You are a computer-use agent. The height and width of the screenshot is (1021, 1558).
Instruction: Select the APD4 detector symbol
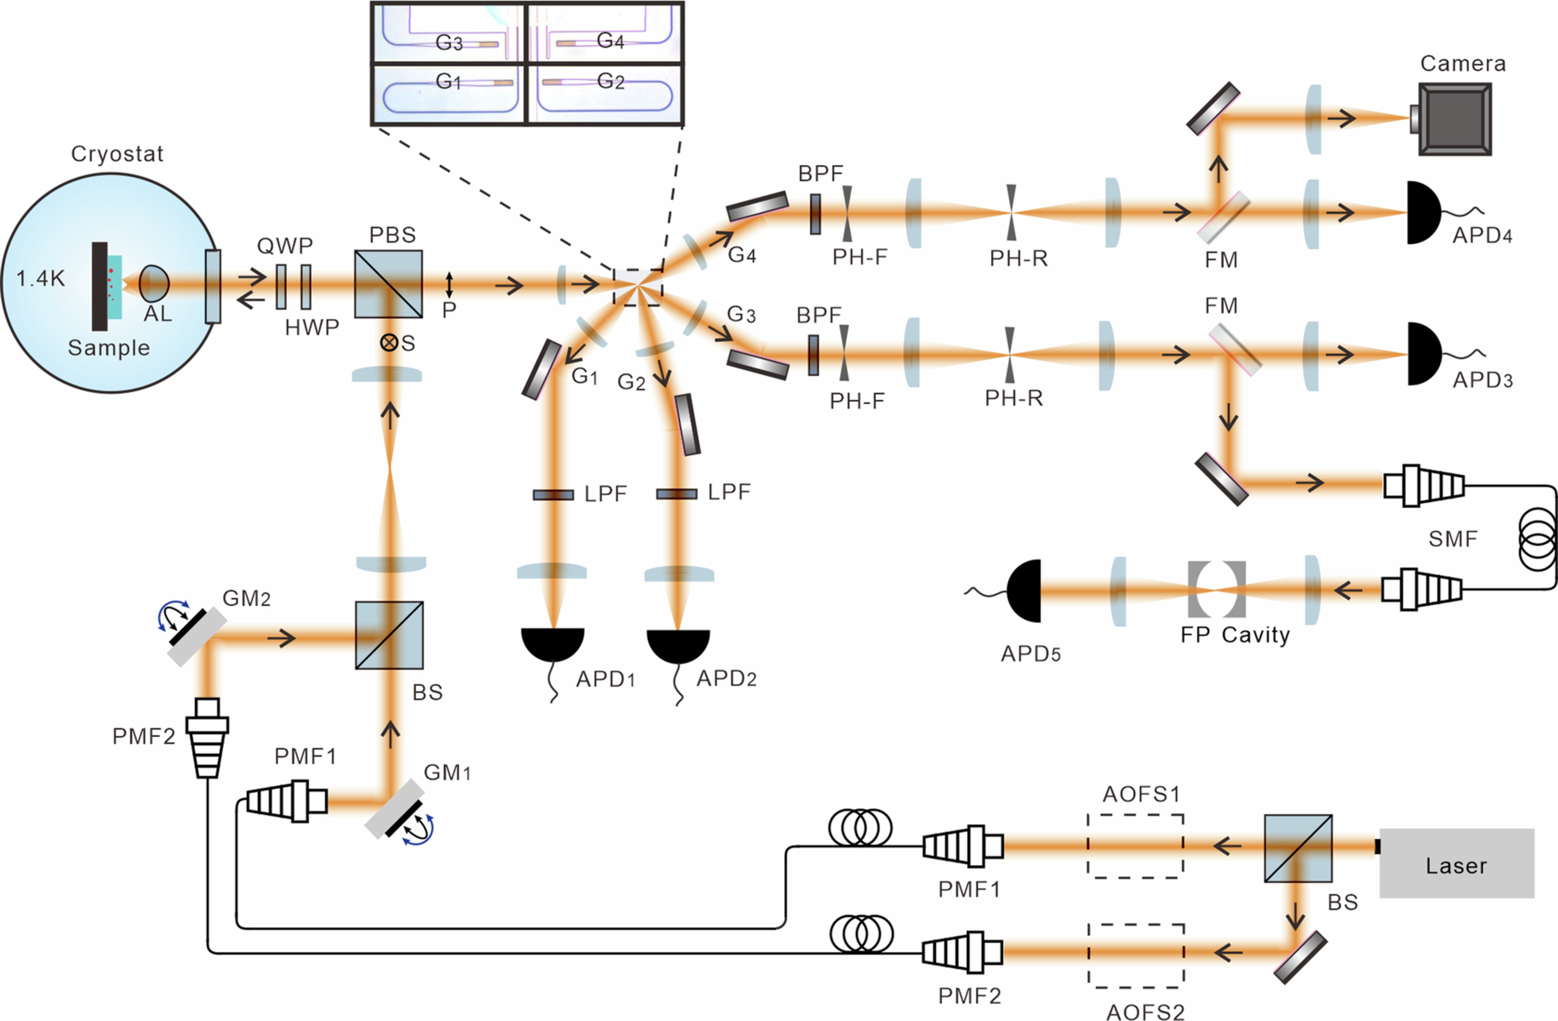tap(1422, 213)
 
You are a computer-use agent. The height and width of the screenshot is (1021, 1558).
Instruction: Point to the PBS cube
tap(388, 283)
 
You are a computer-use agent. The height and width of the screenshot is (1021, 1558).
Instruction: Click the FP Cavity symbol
tap(1216, 589)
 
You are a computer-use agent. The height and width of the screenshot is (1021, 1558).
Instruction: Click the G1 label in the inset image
tap(449, 81)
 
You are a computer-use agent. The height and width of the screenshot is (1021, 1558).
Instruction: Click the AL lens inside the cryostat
tap(154, 283)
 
